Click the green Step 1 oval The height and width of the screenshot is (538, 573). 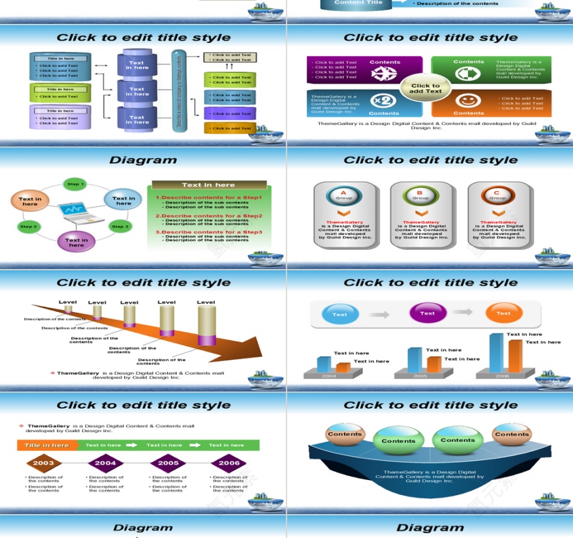(75, 184)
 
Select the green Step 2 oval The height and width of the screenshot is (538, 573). (29, 226)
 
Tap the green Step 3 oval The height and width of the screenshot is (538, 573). (120, 226)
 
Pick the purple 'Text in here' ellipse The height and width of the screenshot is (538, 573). (76, 242)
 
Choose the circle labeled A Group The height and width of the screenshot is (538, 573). (344, 195)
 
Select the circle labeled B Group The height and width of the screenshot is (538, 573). (420, 195)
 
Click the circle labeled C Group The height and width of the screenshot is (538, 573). (497, 195)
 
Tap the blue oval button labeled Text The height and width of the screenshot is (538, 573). (340, 314)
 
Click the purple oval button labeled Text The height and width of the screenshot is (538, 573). (428, 313)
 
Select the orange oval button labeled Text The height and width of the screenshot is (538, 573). (503, 313)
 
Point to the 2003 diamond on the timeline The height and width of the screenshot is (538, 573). (44, 463)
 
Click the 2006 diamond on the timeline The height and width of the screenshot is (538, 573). (229, 463)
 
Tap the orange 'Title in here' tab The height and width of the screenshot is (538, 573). (47, 445)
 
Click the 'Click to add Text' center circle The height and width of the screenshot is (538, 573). (426, 89)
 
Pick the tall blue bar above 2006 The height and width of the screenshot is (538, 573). (496, 353)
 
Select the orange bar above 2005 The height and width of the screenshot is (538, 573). (434, 364)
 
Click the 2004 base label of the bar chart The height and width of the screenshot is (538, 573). (329, 376)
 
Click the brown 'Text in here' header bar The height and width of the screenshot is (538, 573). (209, 185)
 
